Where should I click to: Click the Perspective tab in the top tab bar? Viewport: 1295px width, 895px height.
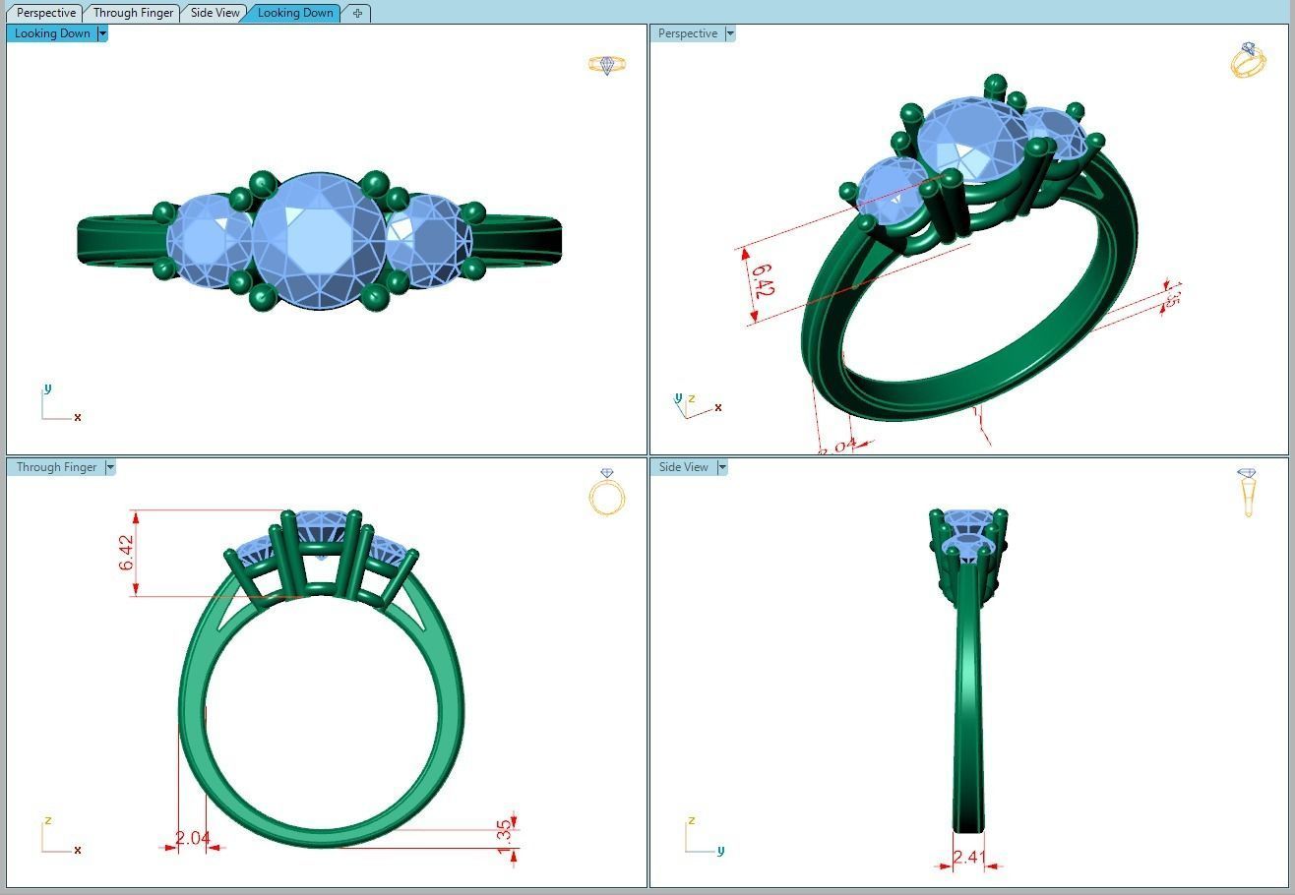click(x=46, y=13)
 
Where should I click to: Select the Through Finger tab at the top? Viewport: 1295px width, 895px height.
click(x=133, y=13)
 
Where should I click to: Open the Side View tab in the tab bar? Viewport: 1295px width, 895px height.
click(x=215, y=13)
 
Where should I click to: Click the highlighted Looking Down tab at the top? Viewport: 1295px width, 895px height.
click(x=295, y=13)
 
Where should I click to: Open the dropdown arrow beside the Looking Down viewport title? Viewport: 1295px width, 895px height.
click(x=102, y=33)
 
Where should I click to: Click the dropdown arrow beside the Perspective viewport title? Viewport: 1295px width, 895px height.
click(x=730, y=33)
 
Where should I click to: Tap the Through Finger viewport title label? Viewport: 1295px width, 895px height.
click(x=56, y=467)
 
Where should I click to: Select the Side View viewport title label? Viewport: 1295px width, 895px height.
click(x=683, y=467)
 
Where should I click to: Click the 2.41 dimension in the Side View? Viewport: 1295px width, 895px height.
click(x=968, y=857)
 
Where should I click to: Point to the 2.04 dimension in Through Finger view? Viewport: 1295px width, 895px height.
click(x=192, y=838)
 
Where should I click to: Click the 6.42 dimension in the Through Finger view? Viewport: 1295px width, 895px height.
click(x=127, y=553)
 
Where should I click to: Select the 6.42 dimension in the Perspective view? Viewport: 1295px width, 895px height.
click(x=763, y=279)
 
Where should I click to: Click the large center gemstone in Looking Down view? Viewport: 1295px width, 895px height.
click(x=318, y=241)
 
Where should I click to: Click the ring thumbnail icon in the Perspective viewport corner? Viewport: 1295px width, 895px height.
click(x=1247, y=60)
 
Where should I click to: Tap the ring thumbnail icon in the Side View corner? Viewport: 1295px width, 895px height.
click(x=1247, y=492)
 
